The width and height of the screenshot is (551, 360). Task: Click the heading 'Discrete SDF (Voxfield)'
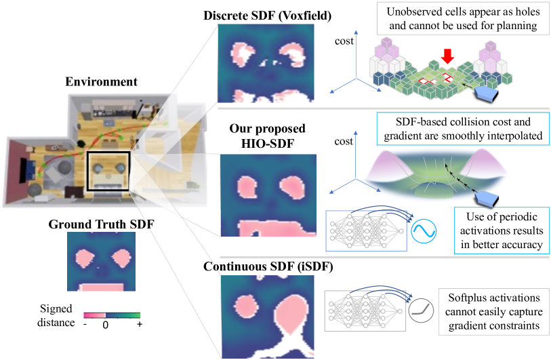[262, 15]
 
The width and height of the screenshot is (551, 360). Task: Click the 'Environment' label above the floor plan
[101, 82]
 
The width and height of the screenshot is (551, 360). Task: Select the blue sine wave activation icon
[424, 231]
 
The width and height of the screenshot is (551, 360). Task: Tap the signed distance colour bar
[113, 315]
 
